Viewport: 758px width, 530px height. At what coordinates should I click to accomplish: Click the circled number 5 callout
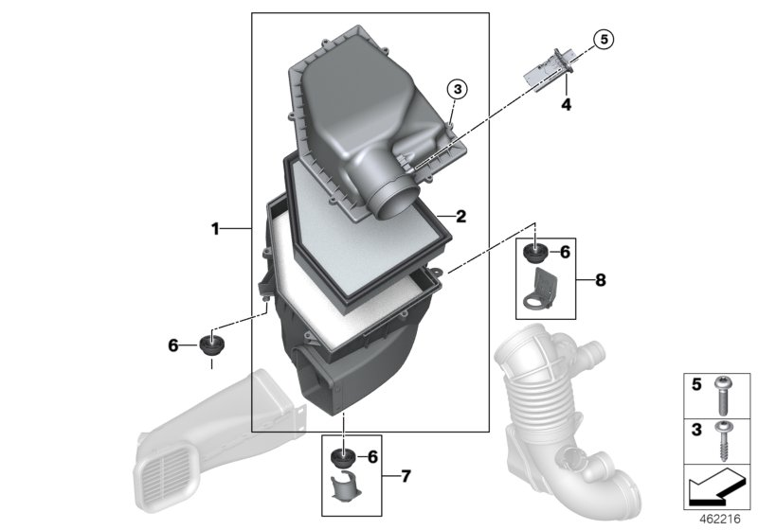(x=605, y=39)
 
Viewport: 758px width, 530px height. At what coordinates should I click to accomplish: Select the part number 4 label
(x=566, y=105)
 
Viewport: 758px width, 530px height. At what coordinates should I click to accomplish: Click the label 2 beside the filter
(x=460, y=217)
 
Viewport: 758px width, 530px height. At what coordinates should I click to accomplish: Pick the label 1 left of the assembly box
(x=215, y=229)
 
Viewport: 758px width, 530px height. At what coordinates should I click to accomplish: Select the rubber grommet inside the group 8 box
(x=535, y=253)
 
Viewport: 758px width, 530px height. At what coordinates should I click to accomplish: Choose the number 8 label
(x=601, y=280)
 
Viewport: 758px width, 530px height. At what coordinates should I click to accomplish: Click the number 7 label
(x=405, y=475)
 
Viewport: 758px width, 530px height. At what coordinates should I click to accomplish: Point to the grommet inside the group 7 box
(x=343, y=459)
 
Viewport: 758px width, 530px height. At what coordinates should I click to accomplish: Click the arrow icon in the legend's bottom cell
(x=714, y=490)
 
